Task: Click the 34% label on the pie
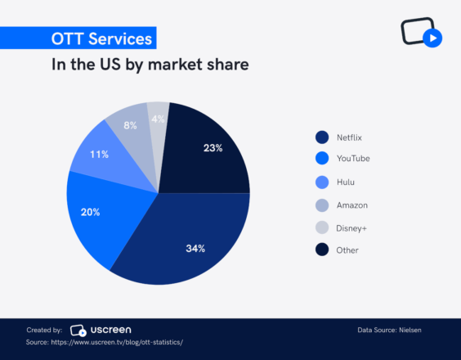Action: (195, 248)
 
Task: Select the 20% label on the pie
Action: (91, 213)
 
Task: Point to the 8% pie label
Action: (131, 125)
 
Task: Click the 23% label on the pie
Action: (213, 148)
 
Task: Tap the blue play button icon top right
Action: (434, 38)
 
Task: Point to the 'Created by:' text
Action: (44, 330)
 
